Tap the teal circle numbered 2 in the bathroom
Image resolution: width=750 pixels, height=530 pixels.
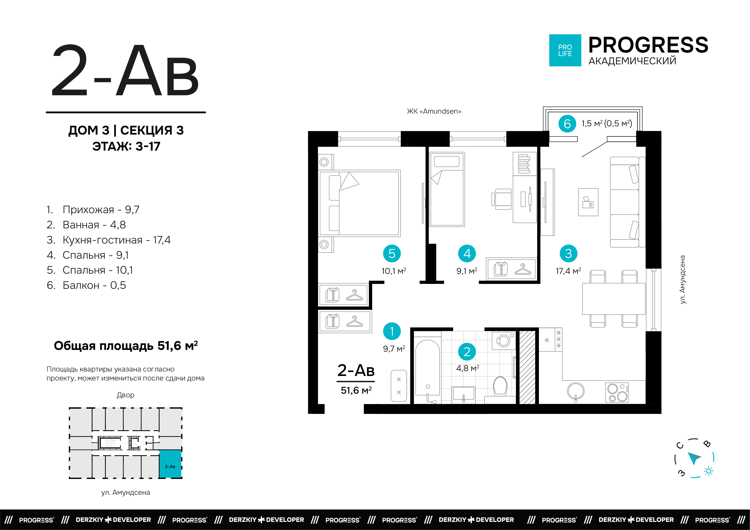pyautogui.click(x=467, y=352)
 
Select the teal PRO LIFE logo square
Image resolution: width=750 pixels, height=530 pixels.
pyautogui.click(x=565, y=50)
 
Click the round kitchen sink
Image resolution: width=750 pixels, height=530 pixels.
pyautogui.click(x=576, y=391)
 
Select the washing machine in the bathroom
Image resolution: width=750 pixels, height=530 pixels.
pyautogui.click(x=503, y=341)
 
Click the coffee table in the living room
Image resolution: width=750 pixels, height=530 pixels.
pyautogui.click(x=588, y=202)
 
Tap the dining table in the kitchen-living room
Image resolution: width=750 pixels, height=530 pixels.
pyautogui.click(x=613, y=299)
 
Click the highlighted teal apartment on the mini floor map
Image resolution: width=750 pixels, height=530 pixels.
pyautogui.click(x=170, y=464)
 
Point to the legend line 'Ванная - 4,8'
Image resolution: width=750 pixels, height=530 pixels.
pyautogui.click(x=86, y=225)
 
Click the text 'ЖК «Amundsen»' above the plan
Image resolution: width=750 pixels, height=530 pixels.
pyautogui.click(x=434, y=111)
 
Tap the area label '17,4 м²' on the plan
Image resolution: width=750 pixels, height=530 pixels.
pyautogui.click(x=568, y=271)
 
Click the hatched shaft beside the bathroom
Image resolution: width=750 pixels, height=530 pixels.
pyautogui.click(x=527, y=367)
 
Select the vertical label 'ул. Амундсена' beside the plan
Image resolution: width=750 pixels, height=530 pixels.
pyautogui.click(x=682, y=280)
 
